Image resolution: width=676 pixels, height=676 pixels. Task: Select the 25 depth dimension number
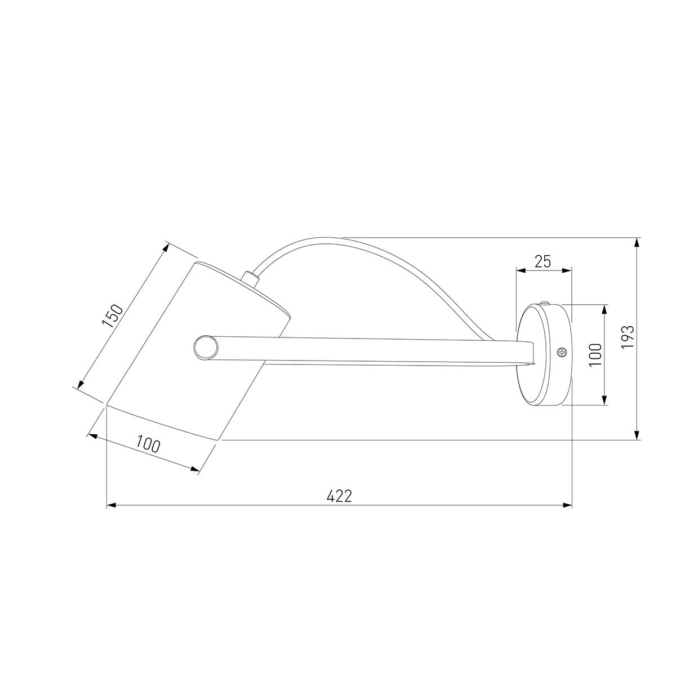click(543, 261)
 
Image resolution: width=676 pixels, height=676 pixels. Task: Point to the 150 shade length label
click(113, 315)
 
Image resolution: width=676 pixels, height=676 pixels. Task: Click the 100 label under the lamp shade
click(148, 445)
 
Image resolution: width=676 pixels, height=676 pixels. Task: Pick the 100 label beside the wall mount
click(595, 355)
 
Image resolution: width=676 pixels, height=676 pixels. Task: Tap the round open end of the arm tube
click(206, 348)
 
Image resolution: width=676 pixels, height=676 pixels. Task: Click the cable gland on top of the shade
click(250, 277)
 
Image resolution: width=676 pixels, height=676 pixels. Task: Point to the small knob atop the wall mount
click(545, 303)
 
